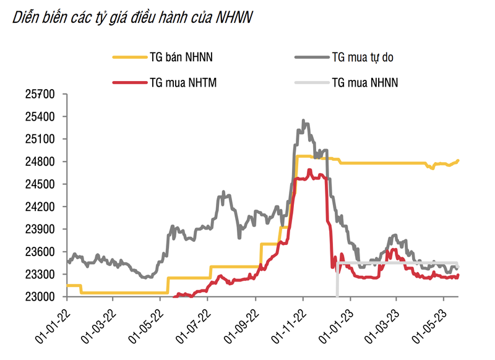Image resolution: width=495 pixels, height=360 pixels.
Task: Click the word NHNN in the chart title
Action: pyautogui.click(x=234, y=18)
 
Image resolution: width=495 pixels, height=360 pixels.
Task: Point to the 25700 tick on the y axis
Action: pyautogui.click(x=41, y=94)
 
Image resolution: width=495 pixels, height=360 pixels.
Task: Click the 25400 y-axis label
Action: pyautogui.click(x=41, y=116)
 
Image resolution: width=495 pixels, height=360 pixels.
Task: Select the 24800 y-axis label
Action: pyautogui.click(x=41, y=161)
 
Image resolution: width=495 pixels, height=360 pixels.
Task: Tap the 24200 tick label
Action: pyautogui.click(x=41, y=207)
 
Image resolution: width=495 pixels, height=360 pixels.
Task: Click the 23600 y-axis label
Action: pyautogui.click(x=41, y=252)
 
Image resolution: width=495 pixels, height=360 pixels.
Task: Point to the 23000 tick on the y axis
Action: pyautogui.click(x=41, y=297)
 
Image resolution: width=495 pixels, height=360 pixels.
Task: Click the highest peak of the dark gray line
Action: pyautogui.click(x=303, y=121)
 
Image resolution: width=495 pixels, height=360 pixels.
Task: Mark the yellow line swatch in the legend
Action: pyautogui.click(x=129, y=58)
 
